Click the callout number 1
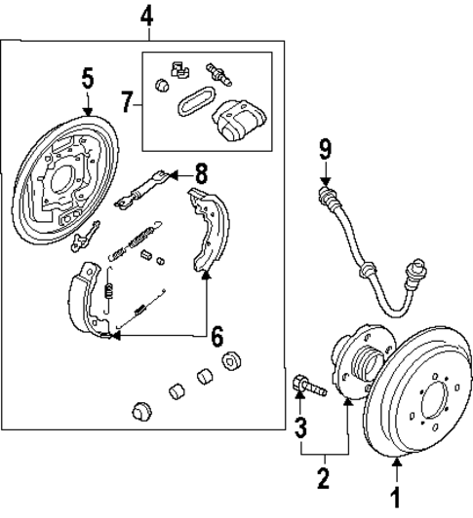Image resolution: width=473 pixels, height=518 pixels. pos(396,495)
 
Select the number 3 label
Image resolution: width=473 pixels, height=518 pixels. pos(301,425)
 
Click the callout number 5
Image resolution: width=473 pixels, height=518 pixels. pos(88,78)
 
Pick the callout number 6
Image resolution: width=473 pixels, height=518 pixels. pos(217,336)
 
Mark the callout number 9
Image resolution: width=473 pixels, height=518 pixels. pos(325,149)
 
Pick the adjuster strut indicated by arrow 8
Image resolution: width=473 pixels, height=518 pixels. pos(141,190)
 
